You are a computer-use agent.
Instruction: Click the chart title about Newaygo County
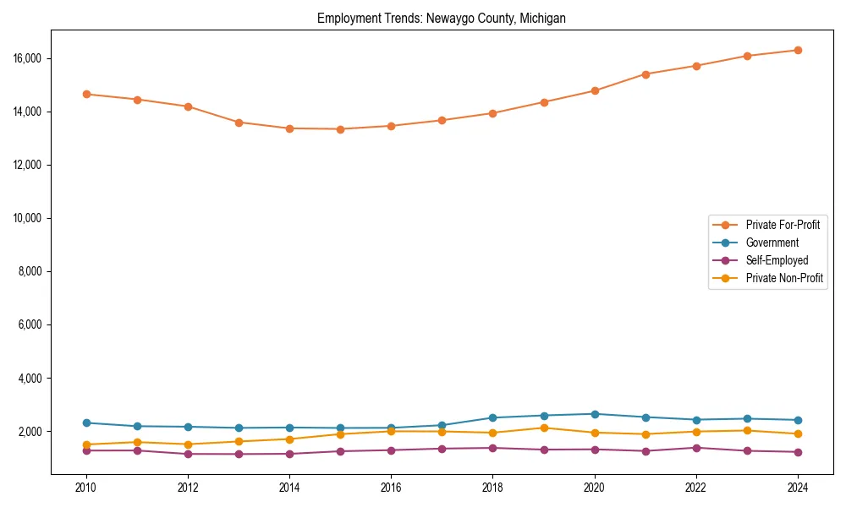click(442, 18)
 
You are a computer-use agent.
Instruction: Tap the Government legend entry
click(772, 243)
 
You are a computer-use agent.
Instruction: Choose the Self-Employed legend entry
click(777, 260)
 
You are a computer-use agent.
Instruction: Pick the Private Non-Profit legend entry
click(784, 278)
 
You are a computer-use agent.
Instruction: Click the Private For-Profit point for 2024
click(798, 50)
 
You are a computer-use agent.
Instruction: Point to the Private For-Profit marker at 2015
click(340, 129)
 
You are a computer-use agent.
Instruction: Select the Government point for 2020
click(595, 414)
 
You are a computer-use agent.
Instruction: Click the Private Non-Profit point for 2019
click(544, 428)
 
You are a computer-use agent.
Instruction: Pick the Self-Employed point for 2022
click(696, 448)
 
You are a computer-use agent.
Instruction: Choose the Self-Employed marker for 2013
click(239, 454)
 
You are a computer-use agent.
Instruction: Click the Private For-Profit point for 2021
click(645, 74)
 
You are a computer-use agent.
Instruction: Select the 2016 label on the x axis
click(391, 487)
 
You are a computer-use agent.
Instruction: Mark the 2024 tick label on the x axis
click(798, 487)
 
